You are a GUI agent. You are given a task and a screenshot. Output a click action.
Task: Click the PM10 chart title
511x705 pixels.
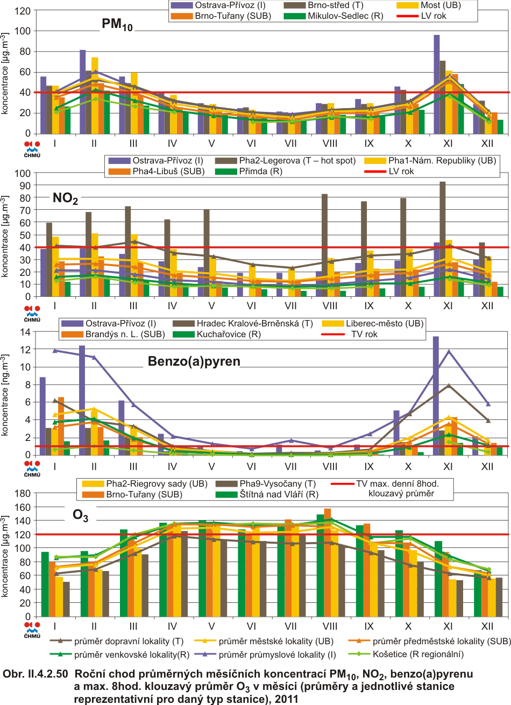click(x=117, y=25)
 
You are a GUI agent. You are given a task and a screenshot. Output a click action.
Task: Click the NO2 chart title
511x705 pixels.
click(x=65, y=199)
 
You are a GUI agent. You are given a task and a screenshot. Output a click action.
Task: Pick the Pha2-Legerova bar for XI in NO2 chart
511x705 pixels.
click(x=442, y=239)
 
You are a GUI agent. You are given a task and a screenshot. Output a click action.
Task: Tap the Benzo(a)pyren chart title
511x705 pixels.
click(x=194, y=361)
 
